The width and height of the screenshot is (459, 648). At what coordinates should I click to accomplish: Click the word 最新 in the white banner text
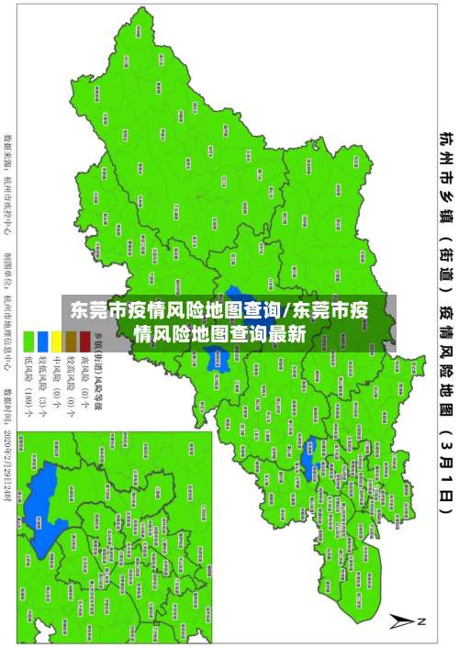point(286,335)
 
